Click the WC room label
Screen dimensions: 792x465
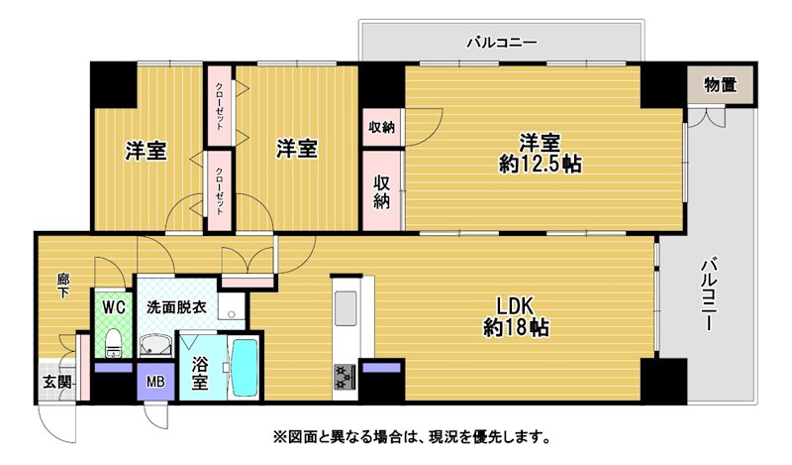114,307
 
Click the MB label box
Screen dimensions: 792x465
155,381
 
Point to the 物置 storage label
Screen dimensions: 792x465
720,85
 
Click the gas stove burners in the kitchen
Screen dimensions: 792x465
345,378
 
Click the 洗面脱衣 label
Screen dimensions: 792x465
176,307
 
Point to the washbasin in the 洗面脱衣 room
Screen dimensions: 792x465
154,347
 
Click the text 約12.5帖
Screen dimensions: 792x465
540,164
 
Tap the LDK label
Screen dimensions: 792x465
515,306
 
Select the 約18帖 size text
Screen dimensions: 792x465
516,328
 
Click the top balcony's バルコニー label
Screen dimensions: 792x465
501,42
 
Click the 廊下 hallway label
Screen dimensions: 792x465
63,286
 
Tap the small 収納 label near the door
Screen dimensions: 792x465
381,127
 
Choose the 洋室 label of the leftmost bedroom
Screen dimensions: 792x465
146,151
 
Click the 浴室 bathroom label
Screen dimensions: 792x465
200,374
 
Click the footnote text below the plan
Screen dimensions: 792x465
412,436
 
